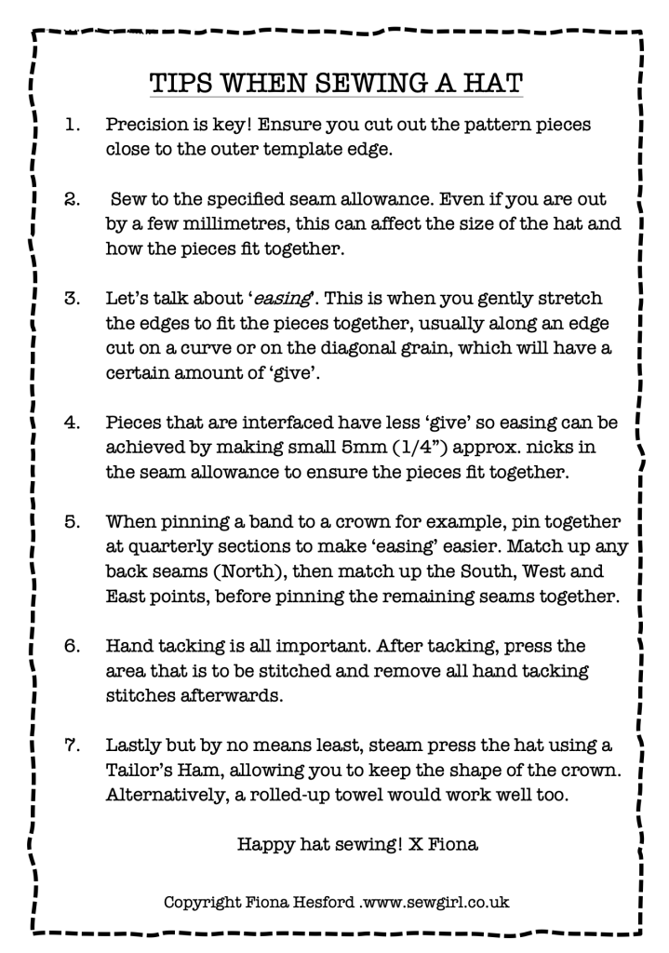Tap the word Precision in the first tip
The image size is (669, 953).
[x=148, y=124]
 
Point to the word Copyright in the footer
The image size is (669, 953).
[x=204, y=902]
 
